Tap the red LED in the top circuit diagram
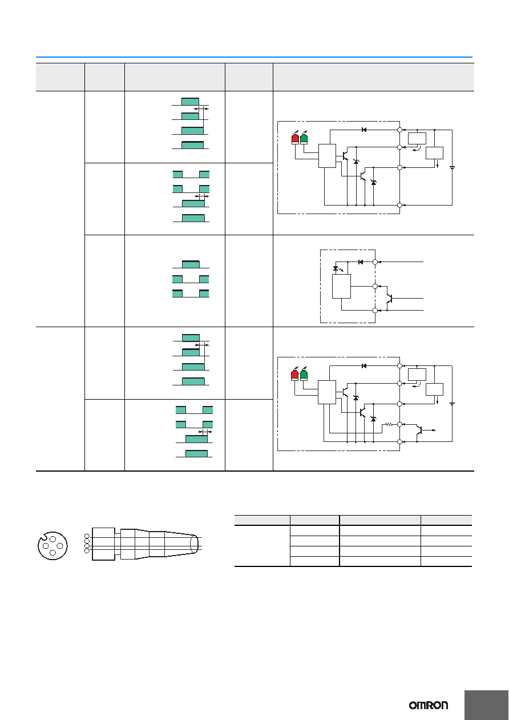point(295,139)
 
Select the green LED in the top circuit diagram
point(304,139)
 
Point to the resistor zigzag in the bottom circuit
point(389,424)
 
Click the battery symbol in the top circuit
point(452,167)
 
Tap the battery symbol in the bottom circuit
point(452,404)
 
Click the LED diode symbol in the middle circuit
point(336,268)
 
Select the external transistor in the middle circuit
point(389,298)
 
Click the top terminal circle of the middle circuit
point(375,262)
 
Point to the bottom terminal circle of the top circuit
point(400,205)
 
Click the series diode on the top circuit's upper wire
point(364,130)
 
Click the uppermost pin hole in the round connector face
point(53,539)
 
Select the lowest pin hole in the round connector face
point(52,553)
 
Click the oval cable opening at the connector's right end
point(194,545)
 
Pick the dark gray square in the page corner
point(487,705)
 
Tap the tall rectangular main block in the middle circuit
point(341,287)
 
